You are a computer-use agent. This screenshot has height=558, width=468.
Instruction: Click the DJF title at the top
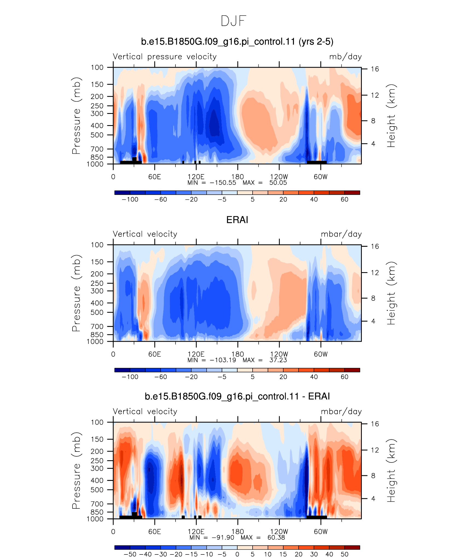[x=234, y=21]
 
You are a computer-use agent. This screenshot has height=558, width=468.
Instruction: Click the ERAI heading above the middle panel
[x=237, y=220]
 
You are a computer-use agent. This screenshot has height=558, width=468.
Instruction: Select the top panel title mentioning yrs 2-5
[x=237, y=42]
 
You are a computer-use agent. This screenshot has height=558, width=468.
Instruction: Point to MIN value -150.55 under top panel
[x=223, y=183]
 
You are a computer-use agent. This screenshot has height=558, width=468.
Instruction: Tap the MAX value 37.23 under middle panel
[x=278, y=360]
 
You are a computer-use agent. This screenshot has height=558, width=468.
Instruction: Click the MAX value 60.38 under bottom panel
[x=276, y=537]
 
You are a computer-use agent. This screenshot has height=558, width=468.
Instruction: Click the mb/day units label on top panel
[x=345, y=57]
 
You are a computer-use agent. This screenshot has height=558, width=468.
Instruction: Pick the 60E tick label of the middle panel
[x=155, y=354]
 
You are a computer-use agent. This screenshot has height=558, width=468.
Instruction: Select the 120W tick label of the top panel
[x=279, y=177]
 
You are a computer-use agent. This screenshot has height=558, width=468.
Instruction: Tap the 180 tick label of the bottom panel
[x=238, y=532]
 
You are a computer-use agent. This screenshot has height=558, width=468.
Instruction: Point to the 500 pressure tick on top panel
[x=97, y=135]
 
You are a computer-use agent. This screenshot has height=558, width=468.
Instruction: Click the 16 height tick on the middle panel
[x=375, y=246]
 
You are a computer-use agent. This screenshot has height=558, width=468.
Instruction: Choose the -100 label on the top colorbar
[x=130, y=200]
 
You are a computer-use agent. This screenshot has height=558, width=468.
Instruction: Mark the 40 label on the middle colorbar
[x=314, y=377]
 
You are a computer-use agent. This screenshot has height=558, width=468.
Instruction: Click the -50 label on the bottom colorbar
[x=130, y=554]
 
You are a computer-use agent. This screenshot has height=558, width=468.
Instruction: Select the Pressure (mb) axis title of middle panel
[x=76, y=293]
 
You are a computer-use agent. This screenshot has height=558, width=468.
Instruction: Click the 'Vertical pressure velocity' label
[x=165, y=57]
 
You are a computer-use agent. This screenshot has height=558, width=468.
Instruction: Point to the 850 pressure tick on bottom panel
[x=97, y=512]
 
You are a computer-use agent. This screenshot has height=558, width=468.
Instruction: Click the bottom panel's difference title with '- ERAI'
[x=237, y=396]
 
